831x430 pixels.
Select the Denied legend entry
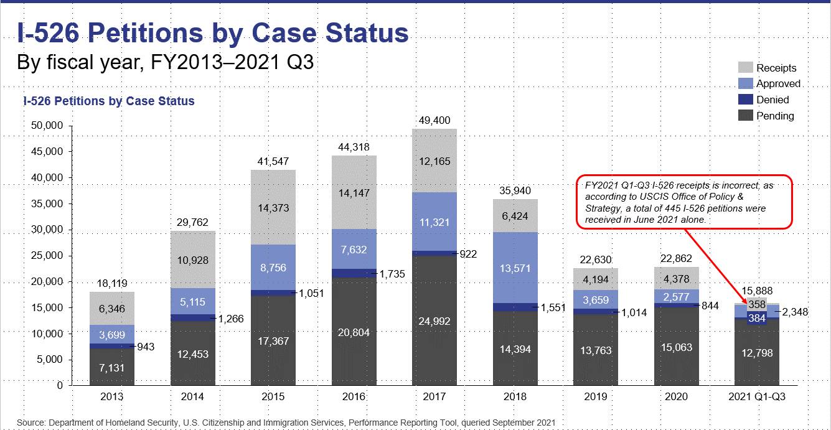[772, 100]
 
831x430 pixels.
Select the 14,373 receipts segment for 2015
[273, 207]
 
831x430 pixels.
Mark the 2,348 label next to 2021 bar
[795, 312]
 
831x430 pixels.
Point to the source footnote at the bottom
[285, 423]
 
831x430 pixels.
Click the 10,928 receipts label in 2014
[193, 258]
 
